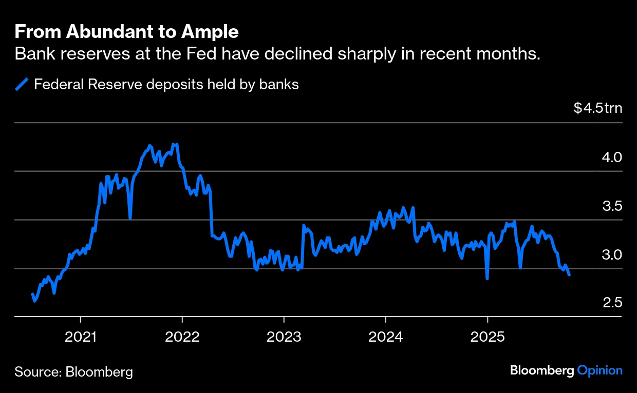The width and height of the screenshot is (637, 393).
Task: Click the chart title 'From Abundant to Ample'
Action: click(x=126, y=32)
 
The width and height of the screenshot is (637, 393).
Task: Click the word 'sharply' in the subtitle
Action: click(x=371, y=54)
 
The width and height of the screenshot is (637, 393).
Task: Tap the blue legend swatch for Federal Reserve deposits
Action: click(x=22, y=84)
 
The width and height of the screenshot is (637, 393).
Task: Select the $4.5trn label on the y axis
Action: click(x=597, y=109)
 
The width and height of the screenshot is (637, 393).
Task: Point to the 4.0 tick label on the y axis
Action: click(x=612, y=158)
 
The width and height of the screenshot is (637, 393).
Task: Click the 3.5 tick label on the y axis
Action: click(x=612, y=206)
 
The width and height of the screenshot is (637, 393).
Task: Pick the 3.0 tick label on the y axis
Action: click(x=612, y=255)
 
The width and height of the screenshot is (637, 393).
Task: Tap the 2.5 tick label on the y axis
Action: click(x=612, y=303)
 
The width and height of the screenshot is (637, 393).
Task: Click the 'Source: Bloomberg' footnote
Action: click(x=73, y=372)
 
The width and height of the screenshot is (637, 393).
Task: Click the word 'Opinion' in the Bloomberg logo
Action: click(x=599, y=370)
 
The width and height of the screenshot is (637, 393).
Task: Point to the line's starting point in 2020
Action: click(x=33, y=294)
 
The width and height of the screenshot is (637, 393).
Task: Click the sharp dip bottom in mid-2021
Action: click(x=130, y=218)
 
